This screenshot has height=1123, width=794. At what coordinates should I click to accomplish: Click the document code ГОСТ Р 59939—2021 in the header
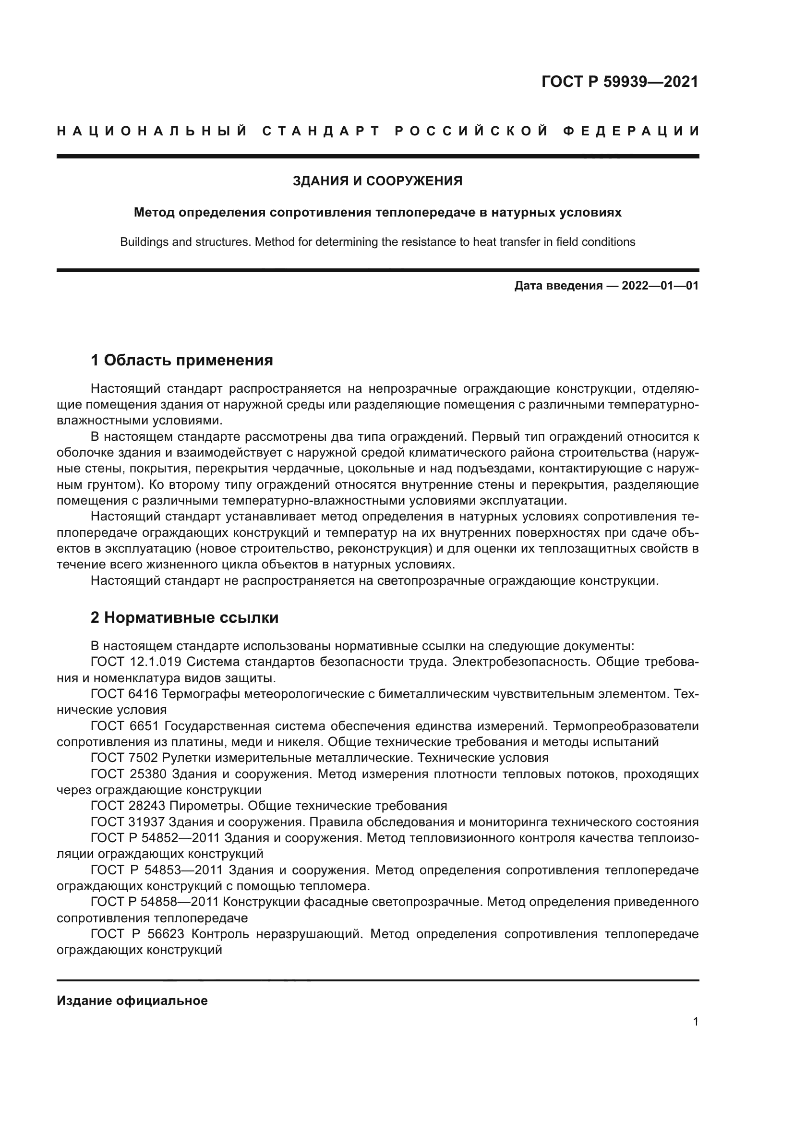click(619, 81)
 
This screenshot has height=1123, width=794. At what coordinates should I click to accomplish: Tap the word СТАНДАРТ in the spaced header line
click(321, 131)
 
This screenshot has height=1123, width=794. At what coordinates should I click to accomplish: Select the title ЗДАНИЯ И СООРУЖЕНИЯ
click(377, 181)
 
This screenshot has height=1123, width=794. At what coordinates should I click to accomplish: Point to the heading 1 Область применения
click(181, 361)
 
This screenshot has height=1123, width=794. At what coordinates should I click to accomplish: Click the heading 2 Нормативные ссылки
click(184, 618)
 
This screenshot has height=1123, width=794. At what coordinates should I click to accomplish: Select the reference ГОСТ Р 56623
click(137, 934)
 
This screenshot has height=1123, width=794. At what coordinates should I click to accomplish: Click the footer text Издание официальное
click(132, 1001)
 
